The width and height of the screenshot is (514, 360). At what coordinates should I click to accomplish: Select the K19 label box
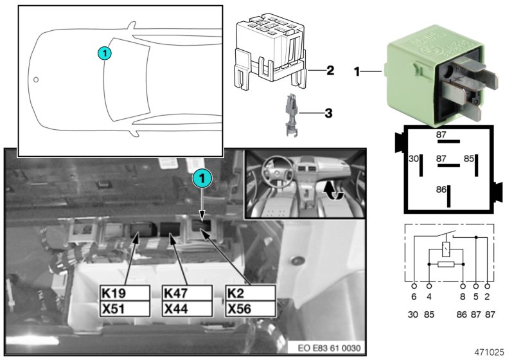pos(125,293)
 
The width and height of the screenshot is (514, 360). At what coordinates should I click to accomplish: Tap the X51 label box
pos(125,309)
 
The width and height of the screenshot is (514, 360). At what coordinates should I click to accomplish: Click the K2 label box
pos(250,293)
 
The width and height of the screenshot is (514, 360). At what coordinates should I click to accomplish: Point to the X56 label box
pos(250,309)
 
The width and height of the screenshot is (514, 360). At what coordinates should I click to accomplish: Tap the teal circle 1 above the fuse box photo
pos(202,177)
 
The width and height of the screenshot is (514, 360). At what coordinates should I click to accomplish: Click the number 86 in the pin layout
pos(441,190)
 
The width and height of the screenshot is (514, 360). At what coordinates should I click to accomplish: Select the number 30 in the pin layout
pos(414,158)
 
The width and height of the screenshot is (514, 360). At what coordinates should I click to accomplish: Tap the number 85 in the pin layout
pos(470,158)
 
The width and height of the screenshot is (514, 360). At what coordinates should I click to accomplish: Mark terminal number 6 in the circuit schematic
pos(414,298)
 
